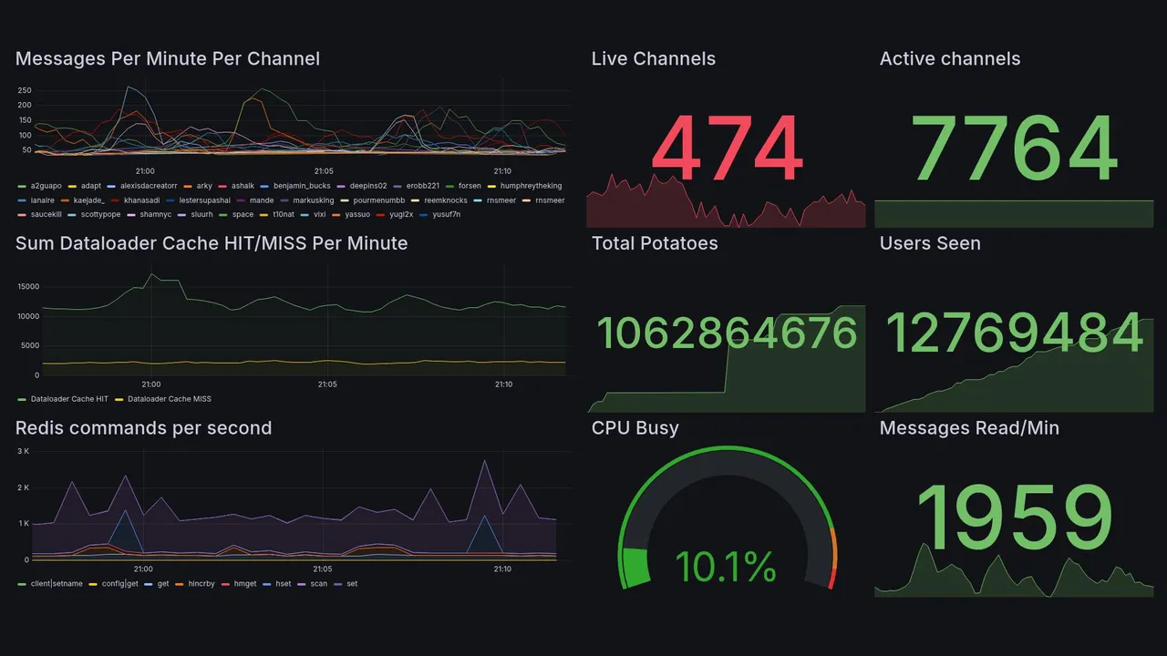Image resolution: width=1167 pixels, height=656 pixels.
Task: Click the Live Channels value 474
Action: pyautogui.click(x=727, y=149)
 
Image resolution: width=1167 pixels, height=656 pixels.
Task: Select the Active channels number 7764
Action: pyautogui.click(x=1015, y=149)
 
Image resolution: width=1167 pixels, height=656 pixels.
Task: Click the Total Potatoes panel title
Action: pyautogui.click(x=655, y=243)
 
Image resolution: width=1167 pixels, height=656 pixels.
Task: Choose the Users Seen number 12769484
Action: pyautogui.click(x=1015, y=333)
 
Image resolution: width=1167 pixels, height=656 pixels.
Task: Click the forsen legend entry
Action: pyautogui.click(x=469, y=186)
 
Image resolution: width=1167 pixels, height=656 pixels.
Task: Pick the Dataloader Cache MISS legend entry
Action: pyautogui.click(x=169, y=399)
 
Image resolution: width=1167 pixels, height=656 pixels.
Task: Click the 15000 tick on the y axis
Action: pyautogui.click(x=27, y=287)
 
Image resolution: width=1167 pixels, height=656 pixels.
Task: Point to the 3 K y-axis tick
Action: pyautogui.click(x=24, y=451)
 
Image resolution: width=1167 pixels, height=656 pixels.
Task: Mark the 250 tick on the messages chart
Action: pyautogui.click(x=25, y=91)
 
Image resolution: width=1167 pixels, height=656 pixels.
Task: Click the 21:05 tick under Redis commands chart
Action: pyautogui.click(x=323, y=569)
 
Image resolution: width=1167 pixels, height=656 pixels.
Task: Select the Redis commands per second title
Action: pyautogui.click(x=143, y=428)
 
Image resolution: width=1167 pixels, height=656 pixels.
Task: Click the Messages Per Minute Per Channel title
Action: pyautogui.click(x=168, y=59)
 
